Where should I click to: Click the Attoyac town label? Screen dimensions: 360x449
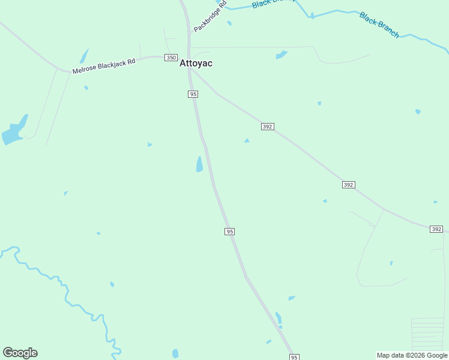point(196,63)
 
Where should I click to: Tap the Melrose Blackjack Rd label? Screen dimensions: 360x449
point(103,66)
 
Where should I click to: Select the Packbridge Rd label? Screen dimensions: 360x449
point(210,17)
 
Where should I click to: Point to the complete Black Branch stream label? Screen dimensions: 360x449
point(379,25)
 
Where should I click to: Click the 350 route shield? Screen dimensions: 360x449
point(171,58)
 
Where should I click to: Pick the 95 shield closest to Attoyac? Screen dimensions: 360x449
point(193,94)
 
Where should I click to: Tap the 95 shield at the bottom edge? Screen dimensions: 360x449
point(294,357)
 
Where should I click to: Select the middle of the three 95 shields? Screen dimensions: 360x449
point(229,232)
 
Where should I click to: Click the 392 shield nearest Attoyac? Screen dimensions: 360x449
point(268,127)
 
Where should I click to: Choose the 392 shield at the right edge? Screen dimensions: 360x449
point(436,229)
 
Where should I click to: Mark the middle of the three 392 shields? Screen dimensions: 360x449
point(348,185)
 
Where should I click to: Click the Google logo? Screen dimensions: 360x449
point(20,353)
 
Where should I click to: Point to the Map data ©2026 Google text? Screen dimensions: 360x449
point(412,355)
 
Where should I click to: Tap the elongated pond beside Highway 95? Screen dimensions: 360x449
point(199,164)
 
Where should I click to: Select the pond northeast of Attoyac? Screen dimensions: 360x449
point(281,55)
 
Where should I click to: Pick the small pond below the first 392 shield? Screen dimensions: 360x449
point(247,141)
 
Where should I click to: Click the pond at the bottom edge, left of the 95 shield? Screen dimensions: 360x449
point(175,354)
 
